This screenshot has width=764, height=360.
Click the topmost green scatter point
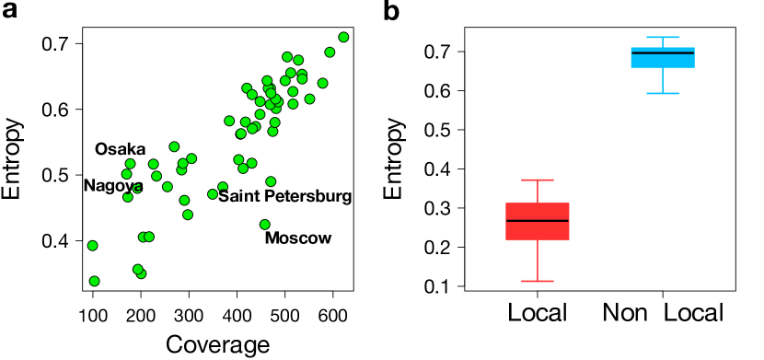coord(343,38)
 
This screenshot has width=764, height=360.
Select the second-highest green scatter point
coord(330,52)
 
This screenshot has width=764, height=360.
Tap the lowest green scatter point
coord(94,281)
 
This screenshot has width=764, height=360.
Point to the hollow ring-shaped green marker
coord(137,189)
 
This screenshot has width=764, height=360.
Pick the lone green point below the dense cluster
coord(265,225)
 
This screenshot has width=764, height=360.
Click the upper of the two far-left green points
coord(92,246)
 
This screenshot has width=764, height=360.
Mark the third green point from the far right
coord(322,83)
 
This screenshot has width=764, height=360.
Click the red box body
coord(538,231)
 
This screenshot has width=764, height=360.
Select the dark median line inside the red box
coord(538,221)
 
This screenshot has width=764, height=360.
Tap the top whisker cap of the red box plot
coord(538,180)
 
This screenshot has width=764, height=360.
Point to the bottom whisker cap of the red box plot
coord(538,281)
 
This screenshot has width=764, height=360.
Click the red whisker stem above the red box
coord(538,192)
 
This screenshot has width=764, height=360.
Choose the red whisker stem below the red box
coord(538,261)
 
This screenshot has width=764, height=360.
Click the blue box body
coord(663,62)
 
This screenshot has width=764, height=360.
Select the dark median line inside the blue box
coord(663,52)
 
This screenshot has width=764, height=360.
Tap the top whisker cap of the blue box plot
coord(663,37)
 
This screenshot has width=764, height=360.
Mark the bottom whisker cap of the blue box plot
coord(663,93)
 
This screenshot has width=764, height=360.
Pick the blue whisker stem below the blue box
coord(663,80)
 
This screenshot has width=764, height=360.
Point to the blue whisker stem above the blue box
coord(663,42)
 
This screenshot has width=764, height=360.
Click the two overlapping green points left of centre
coord(146,237)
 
